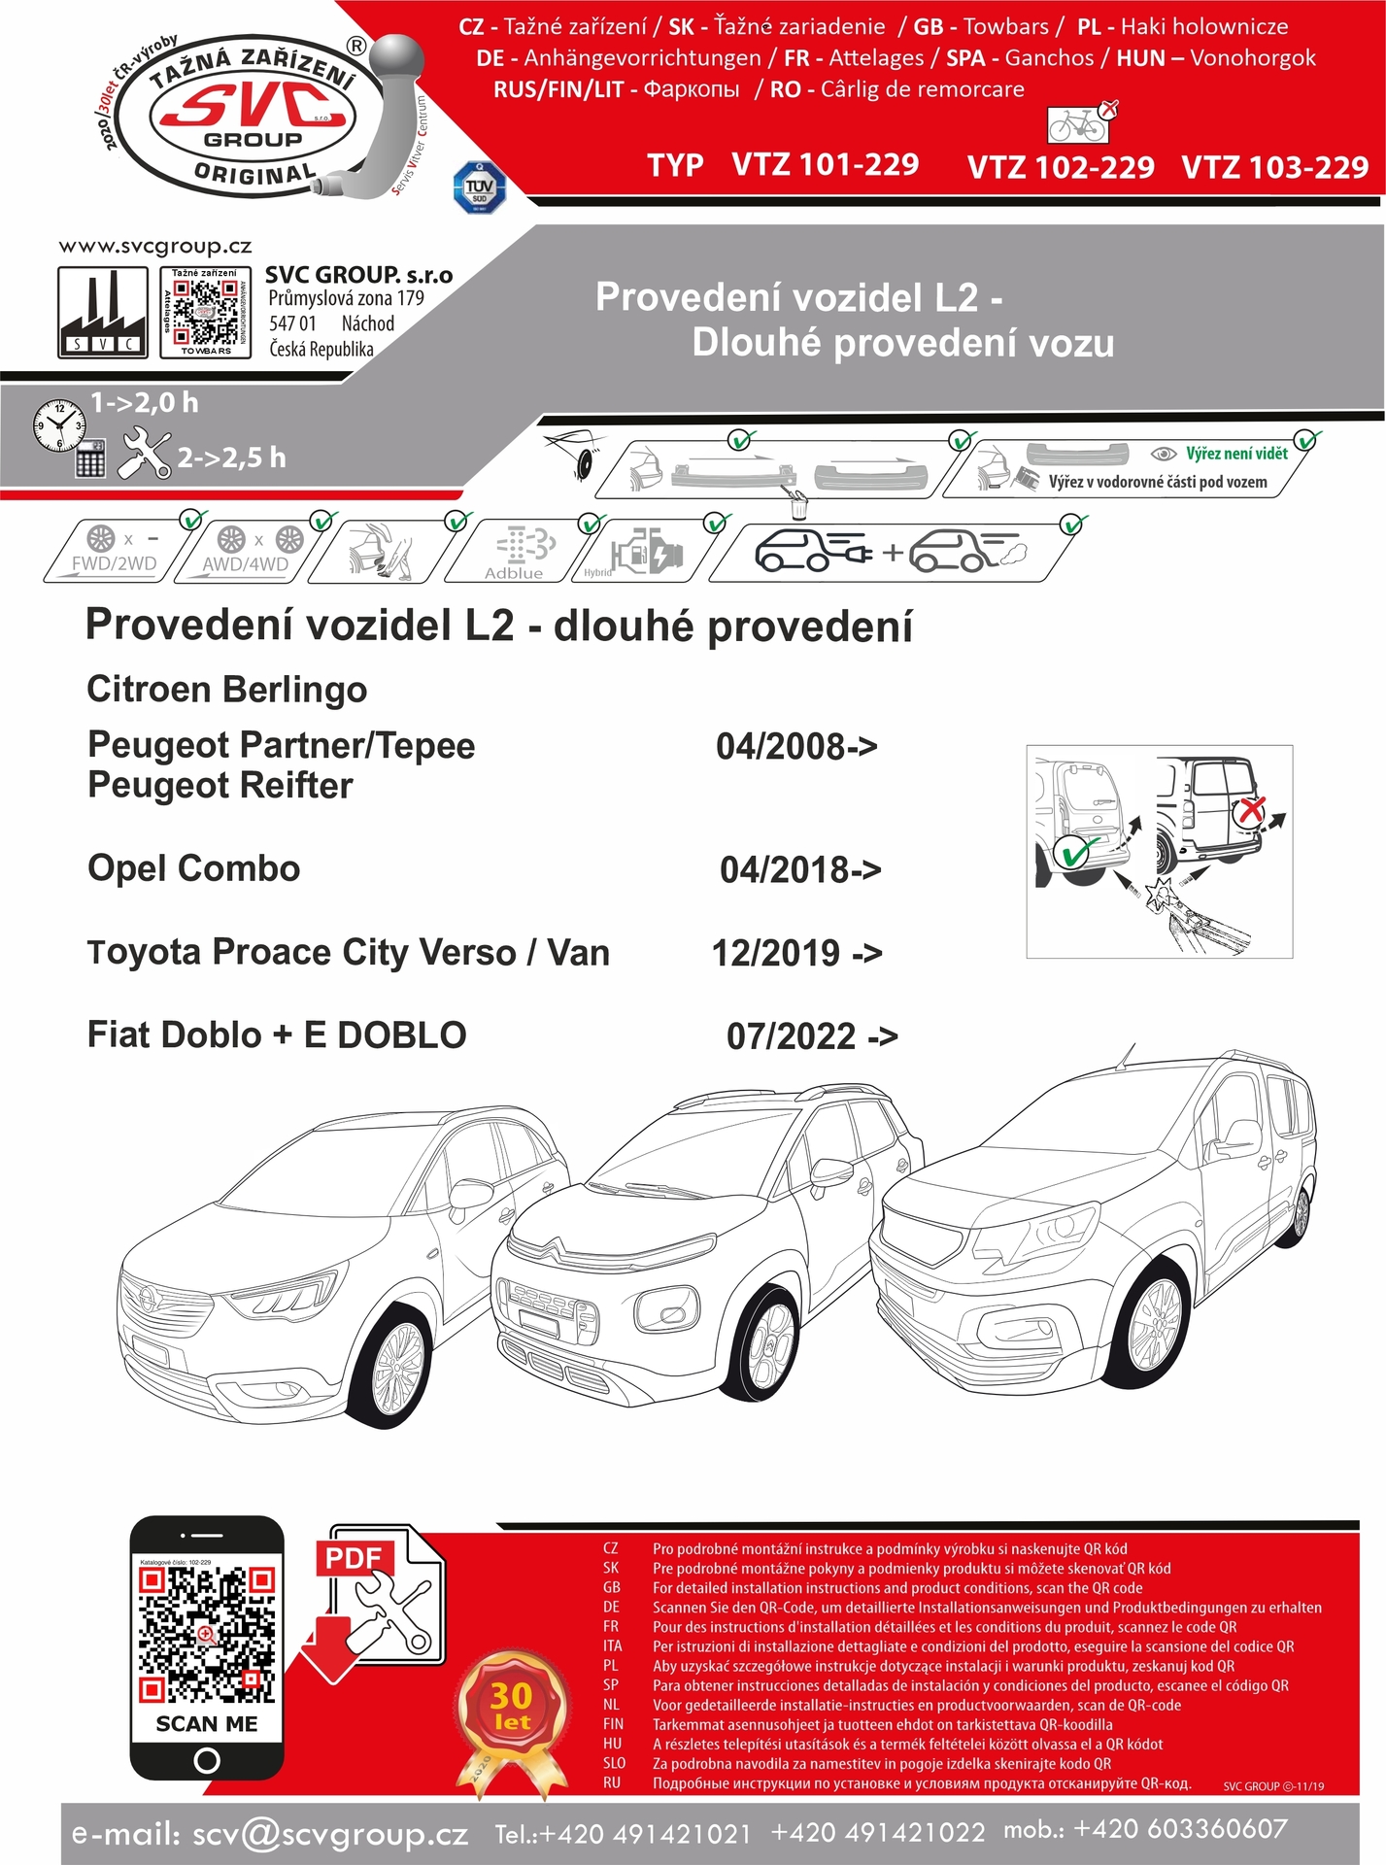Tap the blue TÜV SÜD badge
[x=479, y=186]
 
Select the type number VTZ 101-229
[x=825, y=164]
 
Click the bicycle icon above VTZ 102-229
[x=1077, y=124]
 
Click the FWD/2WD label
[x=114, y=563]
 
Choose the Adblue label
[x=514, y=573]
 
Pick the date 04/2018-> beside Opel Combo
[x=800, y=869]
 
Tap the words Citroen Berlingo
[x=227, y=690]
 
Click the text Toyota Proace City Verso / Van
[x=349, y=952]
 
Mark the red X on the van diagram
[x=1253, y=809]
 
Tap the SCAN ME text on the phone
[x=207, y=1723]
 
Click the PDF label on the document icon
[x=353, y=1558]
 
